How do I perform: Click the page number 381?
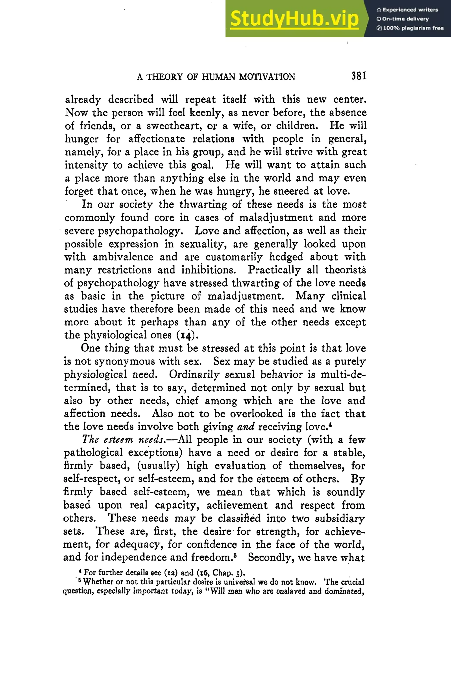tap(359, 76)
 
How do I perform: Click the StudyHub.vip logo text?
tap(294, 19)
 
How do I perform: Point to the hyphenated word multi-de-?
tap(343, 375)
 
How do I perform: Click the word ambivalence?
tap(123, 257)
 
